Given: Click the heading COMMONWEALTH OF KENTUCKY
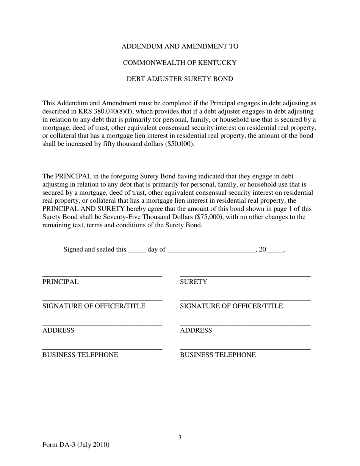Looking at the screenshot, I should coord(180,63).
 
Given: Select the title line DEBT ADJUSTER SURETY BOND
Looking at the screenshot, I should coord(180,79).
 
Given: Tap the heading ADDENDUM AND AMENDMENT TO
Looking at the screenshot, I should coord(180,47).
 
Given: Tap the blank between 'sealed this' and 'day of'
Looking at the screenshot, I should coord(137,250).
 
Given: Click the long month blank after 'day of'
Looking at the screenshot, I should coord(211,250).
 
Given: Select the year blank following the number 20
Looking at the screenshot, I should coord(275,250).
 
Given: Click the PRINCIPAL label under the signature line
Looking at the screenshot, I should coord(61,282).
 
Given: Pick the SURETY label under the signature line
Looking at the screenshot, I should coord(194,282).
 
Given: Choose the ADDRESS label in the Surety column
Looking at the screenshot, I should coord(196,331).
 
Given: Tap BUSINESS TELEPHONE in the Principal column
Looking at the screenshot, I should coord(80,355).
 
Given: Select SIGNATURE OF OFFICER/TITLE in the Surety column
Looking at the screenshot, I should coord(231,306).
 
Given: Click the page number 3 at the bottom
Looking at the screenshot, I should coord(180,438).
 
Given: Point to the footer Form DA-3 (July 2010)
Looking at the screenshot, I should coord(76,445).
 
